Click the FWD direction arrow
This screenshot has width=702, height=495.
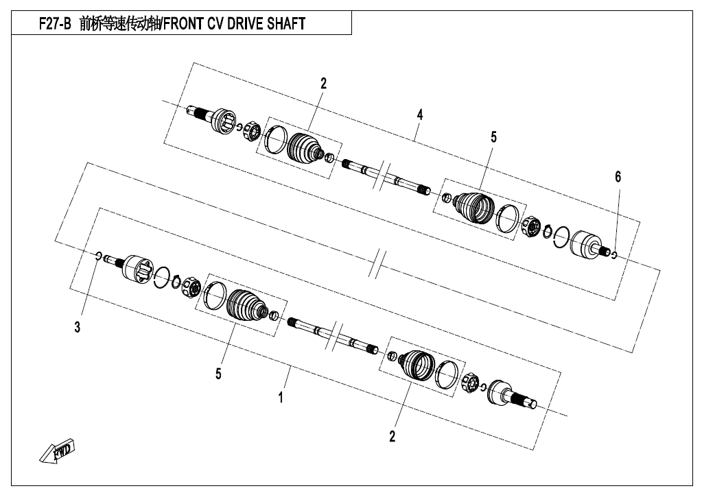[57, 450]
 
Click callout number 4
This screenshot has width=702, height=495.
[419, 115]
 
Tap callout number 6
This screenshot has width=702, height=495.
[618, 177]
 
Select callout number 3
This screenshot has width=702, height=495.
[78, 327]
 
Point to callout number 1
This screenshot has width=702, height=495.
[281, 397]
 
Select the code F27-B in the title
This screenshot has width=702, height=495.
[55, 23]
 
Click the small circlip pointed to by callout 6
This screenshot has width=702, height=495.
[614, 255]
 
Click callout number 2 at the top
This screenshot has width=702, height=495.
[323, 84]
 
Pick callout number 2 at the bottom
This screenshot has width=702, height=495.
[393, 437]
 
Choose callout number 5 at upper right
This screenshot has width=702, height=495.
[493, 137]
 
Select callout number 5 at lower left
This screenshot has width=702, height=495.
[218, 374]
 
